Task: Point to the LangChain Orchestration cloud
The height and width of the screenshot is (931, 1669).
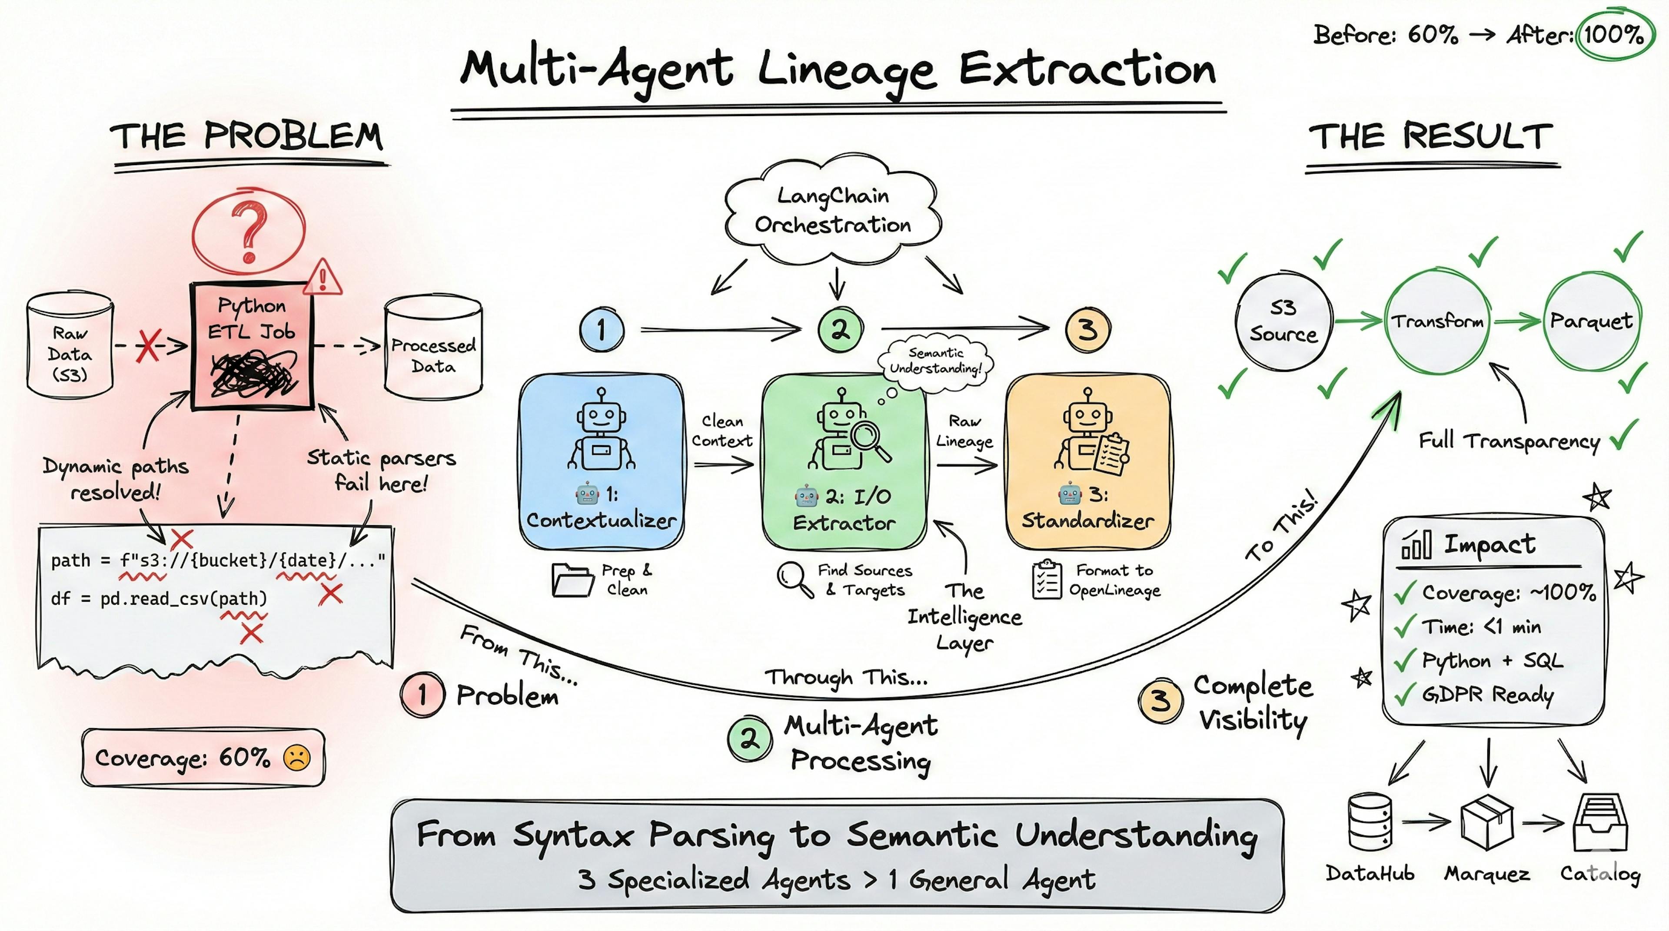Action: [x=833, y=210]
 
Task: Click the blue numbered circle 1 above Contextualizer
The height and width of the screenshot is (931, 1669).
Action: [x=601, y=330]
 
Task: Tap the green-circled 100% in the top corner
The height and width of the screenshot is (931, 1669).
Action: [x=1613, y=33]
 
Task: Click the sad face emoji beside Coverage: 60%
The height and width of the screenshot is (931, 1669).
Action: [x=297, y=758]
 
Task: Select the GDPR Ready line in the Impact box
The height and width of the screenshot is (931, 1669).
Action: [x=1486, y=695]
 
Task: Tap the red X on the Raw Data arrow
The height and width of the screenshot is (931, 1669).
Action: [x=148, y=346]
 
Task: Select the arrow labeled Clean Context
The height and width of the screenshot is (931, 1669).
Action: [x=722, y=464]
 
